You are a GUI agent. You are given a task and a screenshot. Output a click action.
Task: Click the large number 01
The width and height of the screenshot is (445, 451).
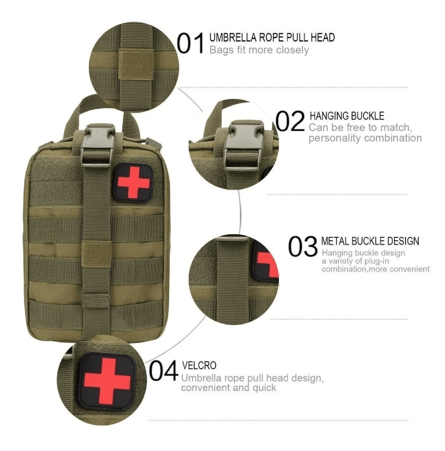tap(191, 44)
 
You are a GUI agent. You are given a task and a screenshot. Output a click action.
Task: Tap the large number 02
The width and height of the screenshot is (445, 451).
tap(290, 121)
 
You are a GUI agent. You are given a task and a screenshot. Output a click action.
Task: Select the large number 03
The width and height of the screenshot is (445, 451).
tap(303, 246)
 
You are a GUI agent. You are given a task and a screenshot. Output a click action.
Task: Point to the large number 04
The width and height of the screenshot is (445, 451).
tap(164, 371)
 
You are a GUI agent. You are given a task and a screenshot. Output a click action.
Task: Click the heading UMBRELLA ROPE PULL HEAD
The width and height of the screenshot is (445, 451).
tap(272, 38)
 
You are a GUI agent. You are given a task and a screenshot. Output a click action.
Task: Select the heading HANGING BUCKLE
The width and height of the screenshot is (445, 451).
tap(347, 115)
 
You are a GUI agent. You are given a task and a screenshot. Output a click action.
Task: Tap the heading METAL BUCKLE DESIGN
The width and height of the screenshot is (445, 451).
tap(370, 241)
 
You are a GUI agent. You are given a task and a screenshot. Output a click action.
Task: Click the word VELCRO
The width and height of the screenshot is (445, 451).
tap(199, 365)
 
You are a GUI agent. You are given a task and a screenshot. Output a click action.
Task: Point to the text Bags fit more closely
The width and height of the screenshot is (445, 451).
tap(259, 50)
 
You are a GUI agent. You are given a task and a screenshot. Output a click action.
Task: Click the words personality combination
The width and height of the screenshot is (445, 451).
tap(365, 138)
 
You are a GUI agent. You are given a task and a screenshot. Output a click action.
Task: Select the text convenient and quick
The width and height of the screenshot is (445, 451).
tap(228, 388)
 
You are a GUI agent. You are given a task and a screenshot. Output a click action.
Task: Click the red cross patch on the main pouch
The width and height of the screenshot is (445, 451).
tap(133, 182)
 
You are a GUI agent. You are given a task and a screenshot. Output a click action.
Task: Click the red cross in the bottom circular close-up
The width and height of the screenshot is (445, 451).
tap(107, 381)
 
